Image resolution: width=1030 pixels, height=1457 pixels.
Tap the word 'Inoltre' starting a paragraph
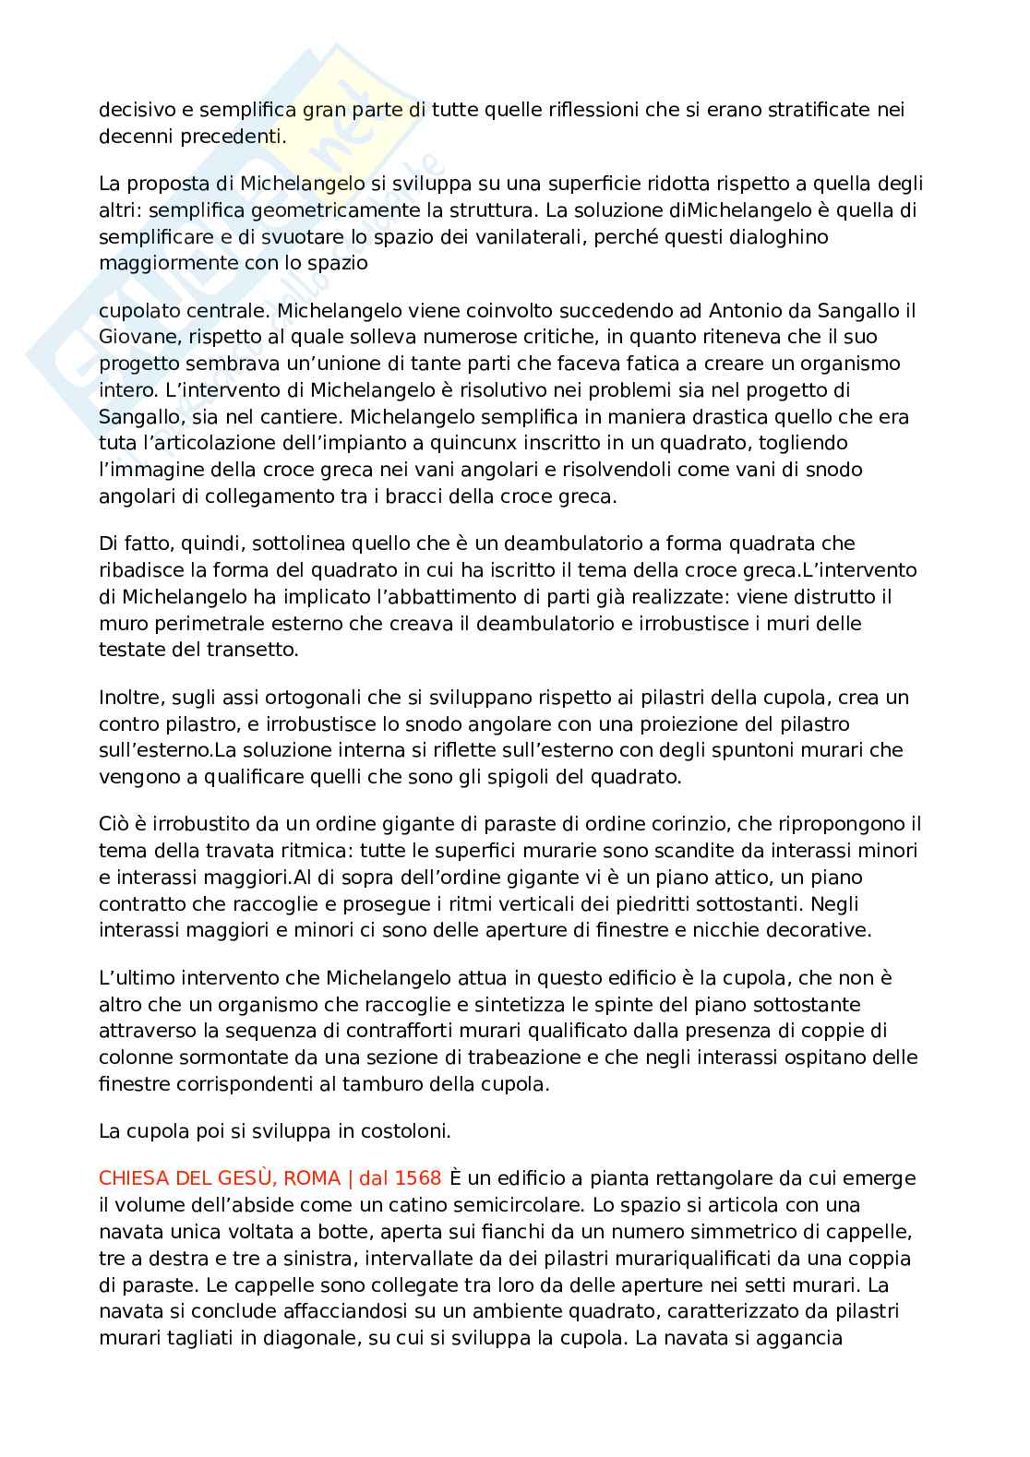127,698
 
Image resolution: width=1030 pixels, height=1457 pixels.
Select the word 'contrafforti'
425,1031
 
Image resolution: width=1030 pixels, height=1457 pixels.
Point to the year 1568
418,1178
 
